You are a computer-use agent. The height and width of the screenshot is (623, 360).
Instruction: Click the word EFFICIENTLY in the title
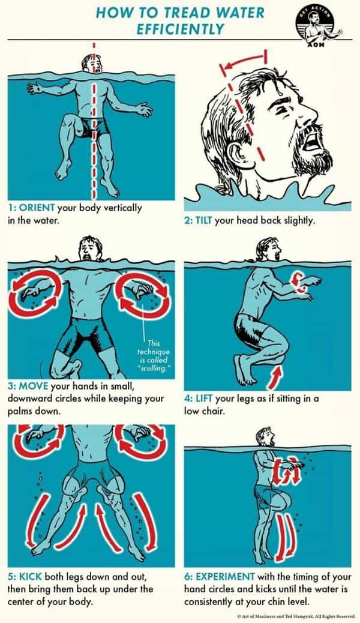180,29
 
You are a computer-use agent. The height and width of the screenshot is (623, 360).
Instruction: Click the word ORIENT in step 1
37,208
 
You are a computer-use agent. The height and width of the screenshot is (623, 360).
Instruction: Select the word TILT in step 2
203,220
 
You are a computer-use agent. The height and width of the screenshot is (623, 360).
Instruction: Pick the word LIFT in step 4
203,399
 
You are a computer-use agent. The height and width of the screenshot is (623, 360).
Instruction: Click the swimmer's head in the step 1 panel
92,64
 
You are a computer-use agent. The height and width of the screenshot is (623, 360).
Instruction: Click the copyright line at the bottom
295,616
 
